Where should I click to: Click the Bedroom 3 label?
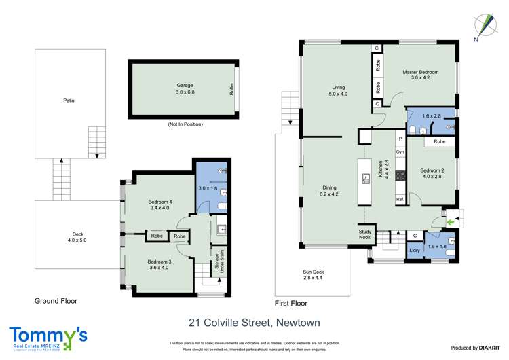coord(161,262)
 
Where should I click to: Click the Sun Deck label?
coord(314,275)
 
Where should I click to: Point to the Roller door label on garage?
coord(231,89)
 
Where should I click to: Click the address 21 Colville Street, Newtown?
coord(253,323)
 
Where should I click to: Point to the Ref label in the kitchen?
coord(400,200)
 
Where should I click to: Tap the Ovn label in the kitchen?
coord(400,152)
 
